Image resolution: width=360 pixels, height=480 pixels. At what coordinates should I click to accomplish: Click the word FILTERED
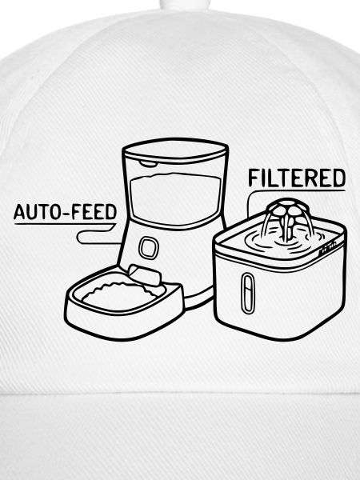click(297, 178)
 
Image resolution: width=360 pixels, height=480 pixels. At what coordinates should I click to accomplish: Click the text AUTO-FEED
click(66, 212)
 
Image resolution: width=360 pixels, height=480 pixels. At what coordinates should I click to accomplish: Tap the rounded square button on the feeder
click(149, 248)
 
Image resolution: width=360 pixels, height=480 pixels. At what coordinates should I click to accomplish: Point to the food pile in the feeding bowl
click(119, 294)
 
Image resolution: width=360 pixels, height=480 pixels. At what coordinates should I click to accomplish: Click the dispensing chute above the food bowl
click(145, 275)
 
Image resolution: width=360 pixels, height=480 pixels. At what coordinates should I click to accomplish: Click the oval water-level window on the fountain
click(248, 294)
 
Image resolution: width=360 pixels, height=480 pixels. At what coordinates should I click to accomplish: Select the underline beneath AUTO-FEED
click(65, 224)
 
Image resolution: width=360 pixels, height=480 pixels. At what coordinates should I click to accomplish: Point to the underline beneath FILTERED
click(297, 190)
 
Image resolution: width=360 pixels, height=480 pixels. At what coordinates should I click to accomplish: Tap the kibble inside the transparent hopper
click(175, 199)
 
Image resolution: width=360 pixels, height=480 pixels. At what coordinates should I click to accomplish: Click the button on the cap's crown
click(185, 4)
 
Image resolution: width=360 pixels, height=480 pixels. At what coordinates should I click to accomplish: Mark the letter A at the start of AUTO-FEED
click(19, 212)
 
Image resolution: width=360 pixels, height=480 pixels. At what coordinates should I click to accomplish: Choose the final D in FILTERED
click(339, 178)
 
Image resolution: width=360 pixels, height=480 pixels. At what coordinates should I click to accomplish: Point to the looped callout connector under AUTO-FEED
click(98, 238)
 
